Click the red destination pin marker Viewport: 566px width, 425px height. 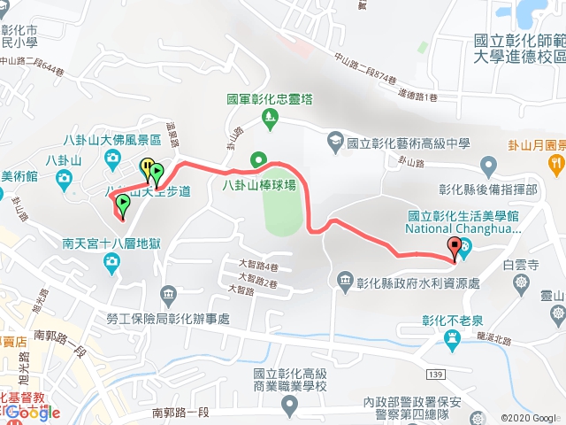click(455, 249)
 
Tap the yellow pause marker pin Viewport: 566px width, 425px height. click(145, 167)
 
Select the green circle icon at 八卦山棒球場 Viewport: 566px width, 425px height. click(258, 160)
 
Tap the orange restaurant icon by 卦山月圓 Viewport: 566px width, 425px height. click(555, 162)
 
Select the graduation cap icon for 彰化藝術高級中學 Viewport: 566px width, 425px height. click(335, 141)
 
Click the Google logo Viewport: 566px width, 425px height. click(34, 412)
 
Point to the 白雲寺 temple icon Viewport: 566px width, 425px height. click(520, 281)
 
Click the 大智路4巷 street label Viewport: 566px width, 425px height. click(258, 266)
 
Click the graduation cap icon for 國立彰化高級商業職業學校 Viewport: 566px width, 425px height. click(289, 405)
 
